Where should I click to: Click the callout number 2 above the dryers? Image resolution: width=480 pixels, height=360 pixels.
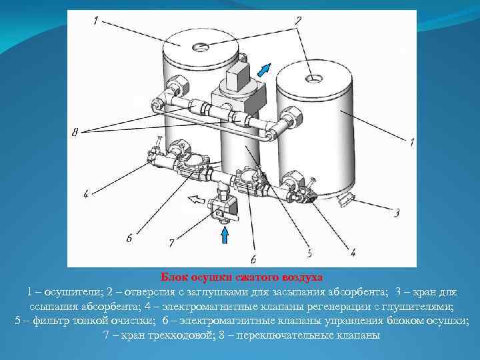(298, 21)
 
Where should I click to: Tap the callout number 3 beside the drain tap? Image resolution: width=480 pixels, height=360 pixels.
(397, 212)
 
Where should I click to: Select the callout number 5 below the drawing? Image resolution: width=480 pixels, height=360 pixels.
(309, 253)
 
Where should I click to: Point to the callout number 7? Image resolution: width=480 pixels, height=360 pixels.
(172, 243)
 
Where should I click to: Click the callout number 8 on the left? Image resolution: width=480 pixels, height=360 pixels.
(75, 132)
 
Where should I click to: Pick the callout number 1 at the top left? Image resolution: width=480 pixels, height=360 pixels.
(96, 21)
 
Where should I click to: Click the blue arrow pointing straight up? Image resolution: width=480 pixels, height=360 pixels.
(225, 236)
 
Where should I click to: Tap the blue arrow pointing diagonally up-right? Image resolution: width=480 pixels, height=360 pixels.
(264, 70)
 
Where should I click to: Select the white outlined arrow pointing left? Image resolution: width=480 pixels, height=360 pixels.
(196, 199)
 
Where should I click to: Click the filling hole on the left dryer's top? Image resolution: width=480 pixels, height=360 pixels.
(201, 47)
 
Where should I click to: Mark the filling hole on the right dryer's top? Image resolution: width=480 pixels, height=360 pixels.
(314, 79)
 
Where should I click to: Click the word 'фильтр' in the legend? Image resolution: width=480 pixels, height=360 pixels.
(51, 321)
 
